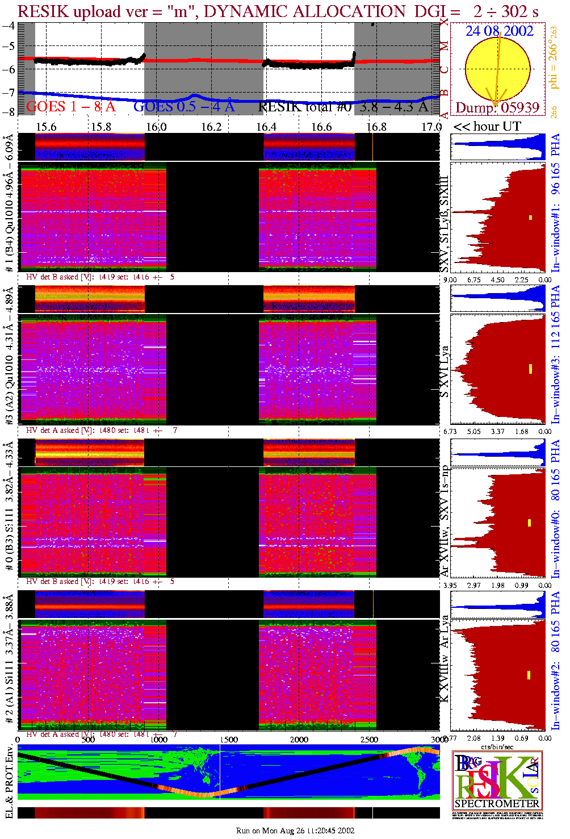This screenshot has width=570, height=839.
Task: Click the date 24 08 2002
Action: click(500, 31)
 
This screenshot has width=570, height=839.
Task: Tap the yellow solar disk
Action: click(497, 69)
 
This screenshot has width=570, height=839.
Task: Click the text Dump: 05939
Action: click(497, 107)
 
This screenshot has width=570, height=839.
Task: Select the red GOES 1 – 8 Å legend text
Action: click(70, 106)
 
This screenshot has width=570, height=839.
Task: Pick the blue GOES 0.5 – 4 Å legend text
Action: click(184, 106)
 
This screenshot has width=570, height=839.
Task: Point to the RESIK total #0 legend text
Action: click(343, 106)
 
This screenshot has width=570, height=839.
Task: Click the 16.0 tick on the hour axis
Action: click(156, 126)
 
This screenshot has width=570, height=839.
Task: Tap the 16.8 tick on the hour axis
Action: click(376, 126)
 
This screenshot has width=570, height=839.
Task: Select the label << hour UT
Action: click(487, 126)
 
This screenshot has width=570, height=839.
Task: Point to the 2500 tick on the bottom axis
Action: click(369, 739)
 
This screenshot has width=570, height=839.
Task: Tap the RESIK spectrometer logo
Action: click(497, 780)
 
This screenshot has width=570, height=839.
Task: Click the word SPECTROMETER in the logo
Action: click(497, 803)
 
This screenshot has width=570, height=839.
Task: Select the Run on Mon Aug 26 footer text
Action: click(295, 830)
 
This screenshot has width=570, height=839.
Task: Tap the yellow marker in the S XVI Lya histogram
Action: click(530, 369)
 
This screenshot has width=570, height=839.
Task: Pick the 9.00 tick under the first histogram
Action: click(450, 279)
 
